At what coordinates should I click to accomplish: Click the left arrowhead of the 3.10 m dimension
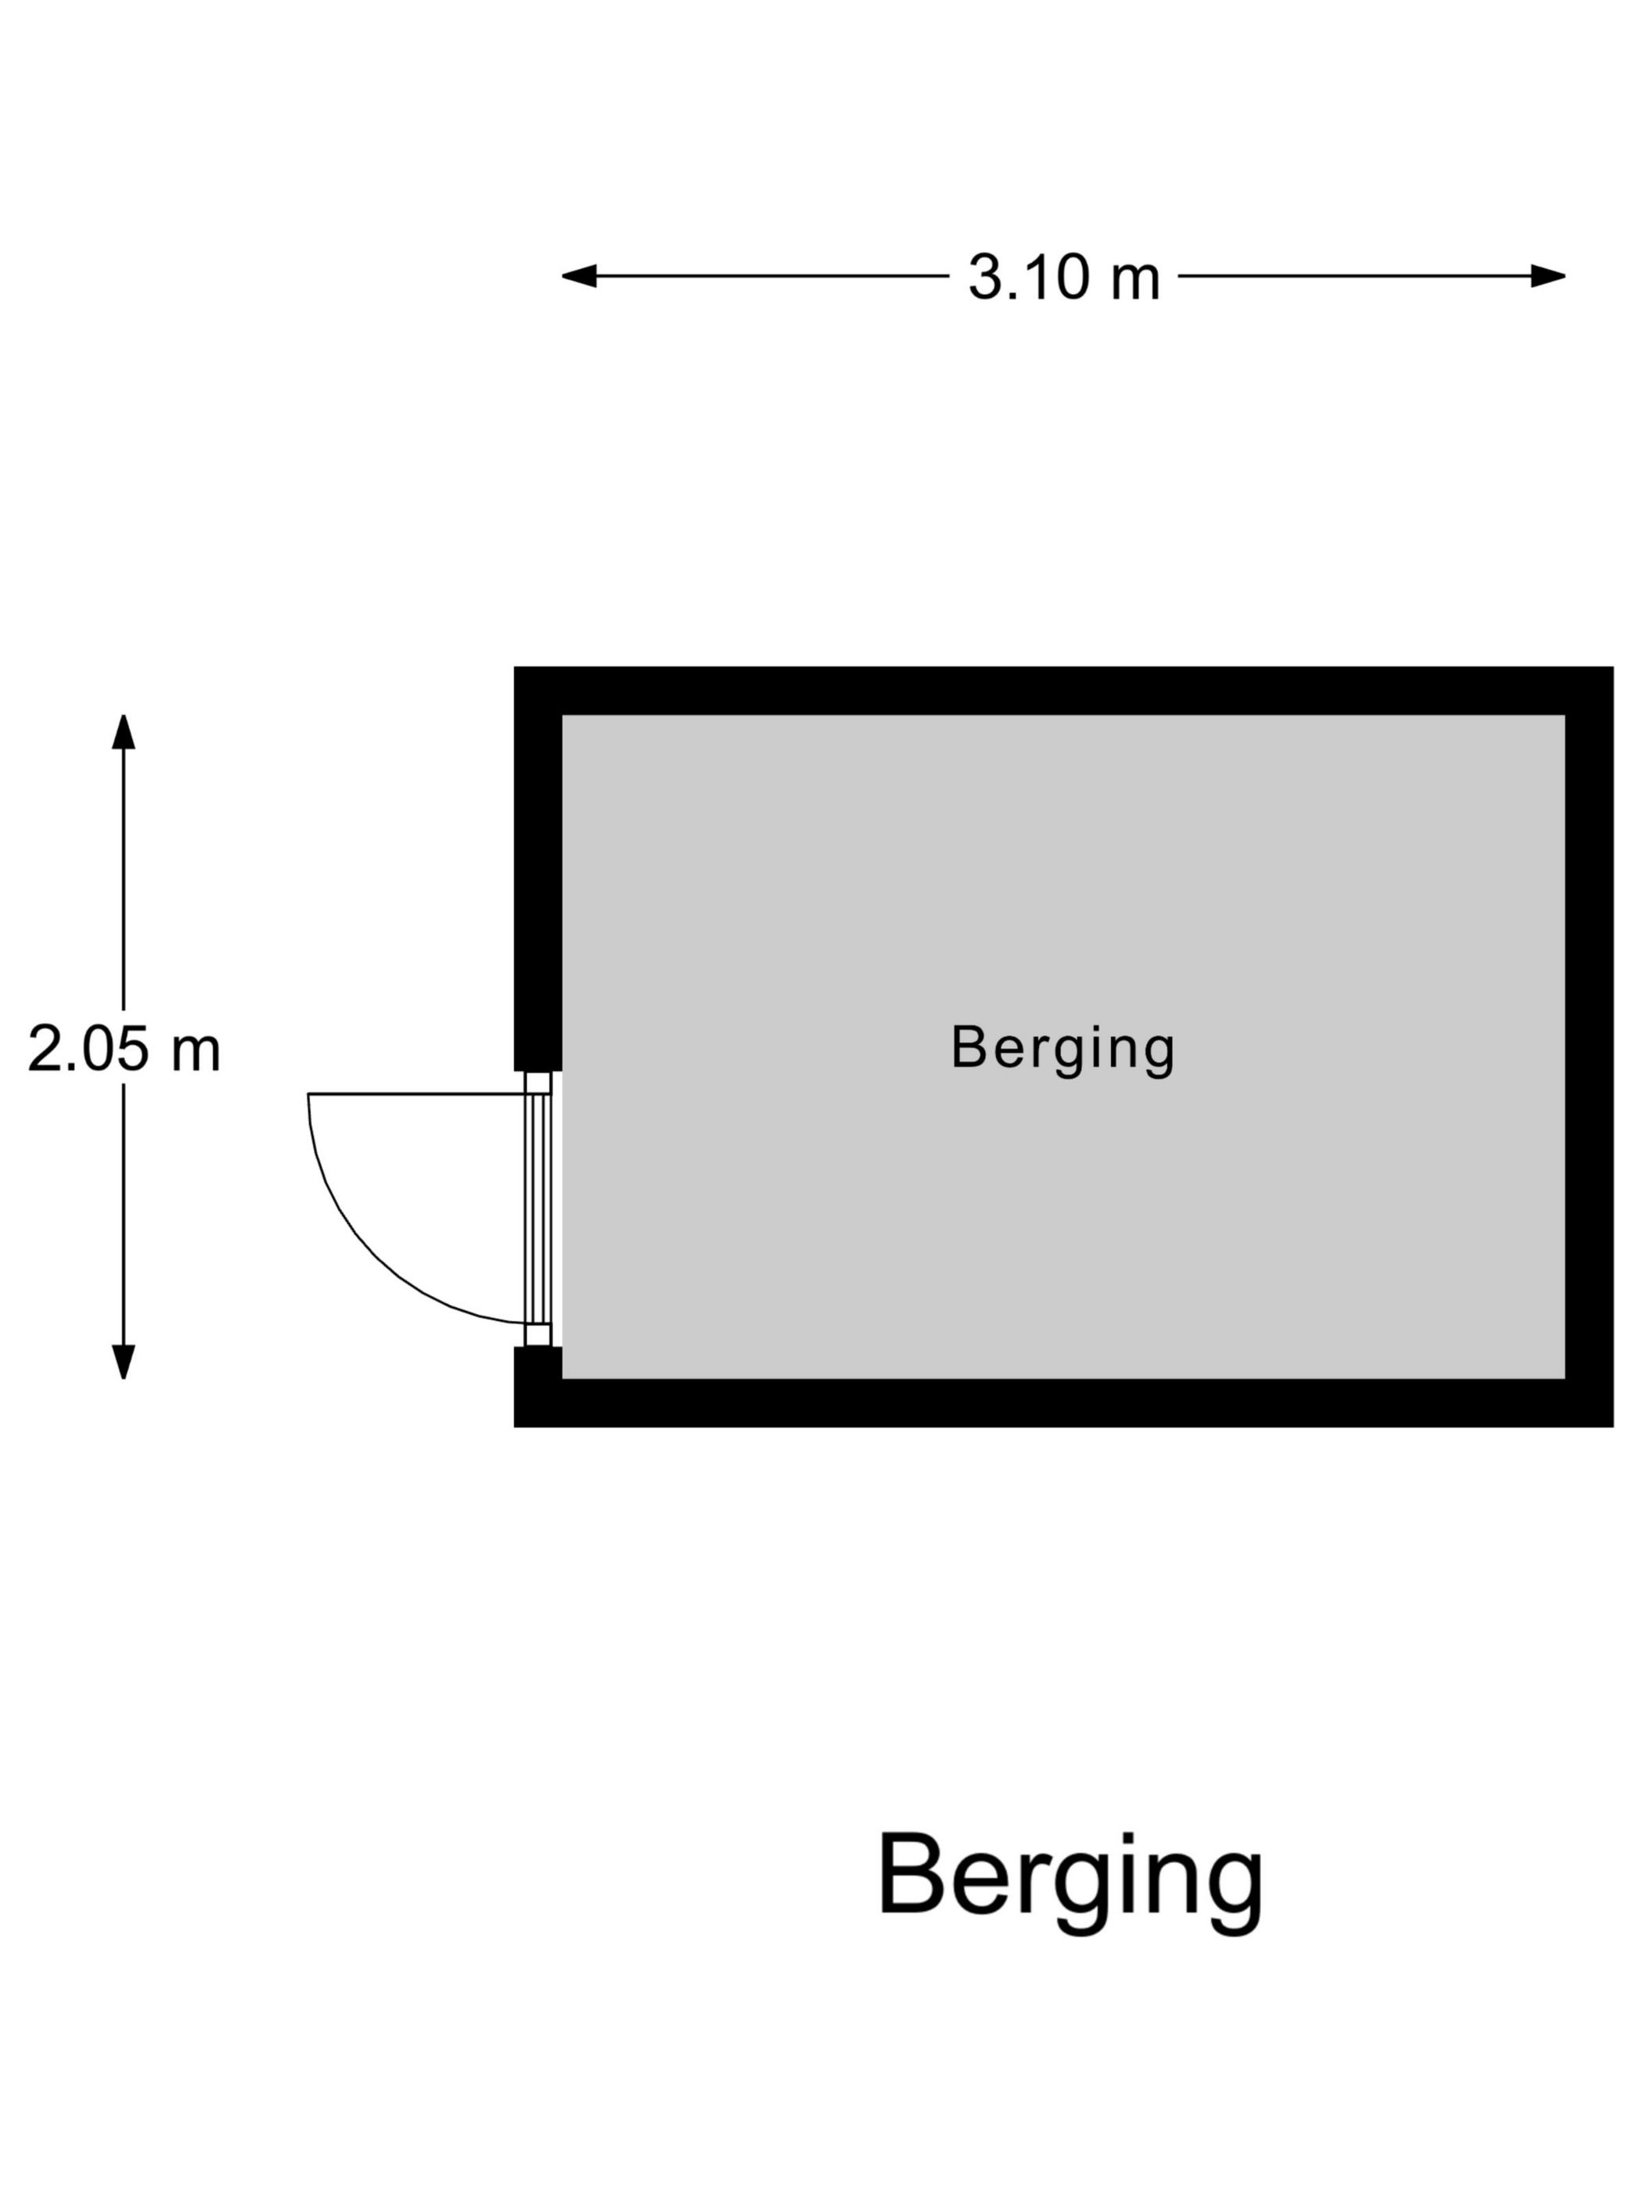click(580, 275)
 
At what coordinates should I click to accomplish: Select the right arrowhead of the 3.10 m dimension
click(1548, 275)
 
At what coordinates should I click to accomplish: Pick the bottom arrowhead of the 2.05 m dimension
click(123, 1362)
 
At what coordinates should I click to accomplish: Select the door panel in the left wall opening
click(537, 1208)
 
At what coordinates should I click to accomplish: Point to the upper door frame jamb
click(537, 1082)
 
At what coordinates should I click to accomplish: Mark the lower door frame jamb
click(537, 1334)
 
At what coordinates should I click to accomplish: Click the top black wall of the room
click(1063, 690)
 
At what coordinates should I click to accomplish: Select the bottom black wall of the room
click(1063, 1403)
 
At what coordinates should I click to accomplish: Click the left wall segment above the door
click(537, 868)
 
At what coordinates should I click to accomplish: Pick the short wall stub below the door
click(537, 1386)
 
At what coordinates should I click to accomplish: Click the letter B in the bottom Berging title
click(908, 1873)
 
